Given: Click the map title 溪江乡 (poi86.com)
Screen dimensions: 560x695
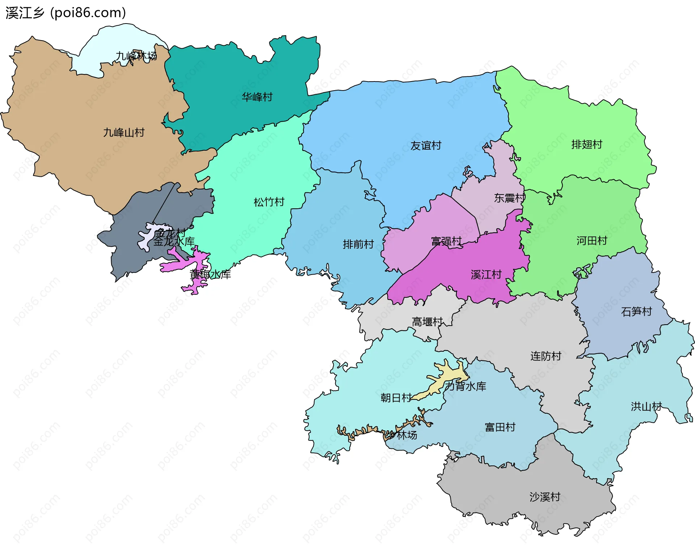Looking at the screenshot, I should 66,13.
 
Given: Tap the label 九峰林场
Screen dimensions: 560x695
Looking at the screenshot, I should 136,56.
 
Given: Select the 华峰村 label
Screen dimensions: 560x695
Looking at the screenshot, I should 257,97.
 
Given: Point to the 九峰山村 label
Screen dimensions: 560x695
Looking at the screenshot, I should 124,133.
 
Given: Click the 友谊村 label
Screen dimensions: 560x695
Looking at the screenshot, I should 426,146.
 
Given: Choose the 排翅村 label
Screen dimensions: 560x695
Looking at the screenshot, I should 587,145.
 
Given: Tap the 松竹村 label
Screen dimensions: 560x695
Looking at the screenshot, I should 269,202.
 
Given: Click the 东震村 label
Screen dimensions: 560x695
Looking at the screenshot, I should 509,198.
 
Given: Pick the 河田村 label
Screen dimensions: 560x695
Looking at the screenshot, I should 592,241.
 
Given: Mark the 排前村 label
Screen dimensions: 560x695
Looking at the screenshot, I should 358,245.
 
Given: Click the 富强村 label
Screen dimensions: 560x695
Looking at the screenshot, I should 446,241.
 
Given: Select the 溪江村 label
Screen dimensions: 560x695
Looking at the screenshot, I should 486,275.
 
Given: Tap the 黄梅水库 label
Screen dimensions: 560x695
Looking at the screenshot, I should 210,275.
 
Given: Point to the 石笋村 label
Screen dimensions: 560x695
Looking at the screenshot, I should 636,312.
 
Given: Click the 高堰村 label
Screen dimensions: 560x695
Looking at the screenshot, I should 427,322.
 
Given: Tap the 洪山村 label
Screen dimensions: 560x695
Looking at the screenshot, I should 646,407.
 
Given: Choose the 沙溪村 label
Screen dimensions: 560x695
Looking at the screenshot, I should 545,497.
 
